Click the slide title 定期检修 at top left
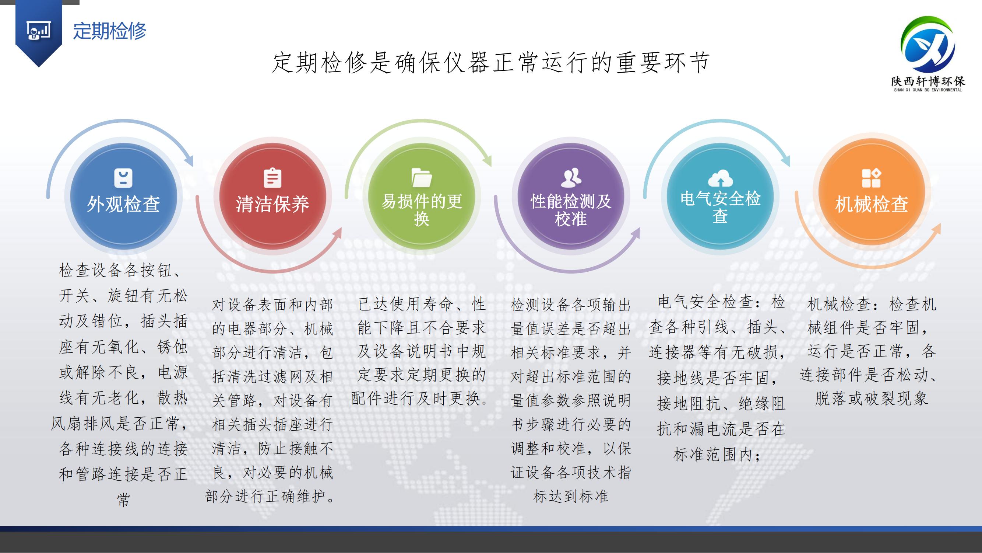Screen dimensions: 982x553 pos(110,31)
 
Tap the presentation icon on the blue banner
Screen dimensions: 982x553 pos(39,31)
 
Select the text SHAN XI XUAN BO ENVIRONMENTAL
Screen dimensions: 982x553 pos(928,90)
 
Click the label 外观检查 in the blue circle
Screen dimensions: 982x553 pos(123,204)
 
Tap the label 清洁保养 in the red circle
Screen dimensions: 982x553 pos(272,204)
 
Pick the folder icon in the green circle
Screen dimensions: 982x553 pos(422,178)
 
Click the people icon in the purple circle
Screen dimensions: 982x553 pos(571,177)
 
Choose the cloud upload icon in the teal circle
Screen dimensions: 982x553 pos(720,178)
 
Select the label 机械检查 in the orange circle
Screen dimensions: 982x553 pos(872,204)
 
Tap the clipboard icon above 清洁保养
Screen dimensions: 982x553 pos(272,178)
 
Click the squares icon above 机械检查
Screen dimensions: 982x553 pos(872,178)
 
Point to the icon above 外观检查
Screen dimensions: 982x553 pos(123,178)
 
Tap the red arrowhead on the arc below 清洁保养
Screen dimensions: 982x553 pos(336,233)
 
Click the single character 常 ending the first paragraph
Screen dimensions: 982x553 pos(123,500)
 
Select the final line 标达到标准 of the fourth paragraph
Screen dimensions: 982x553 pos(571,497)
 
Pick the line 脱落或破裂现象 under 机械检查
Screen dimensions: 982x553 pos(872,399)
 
